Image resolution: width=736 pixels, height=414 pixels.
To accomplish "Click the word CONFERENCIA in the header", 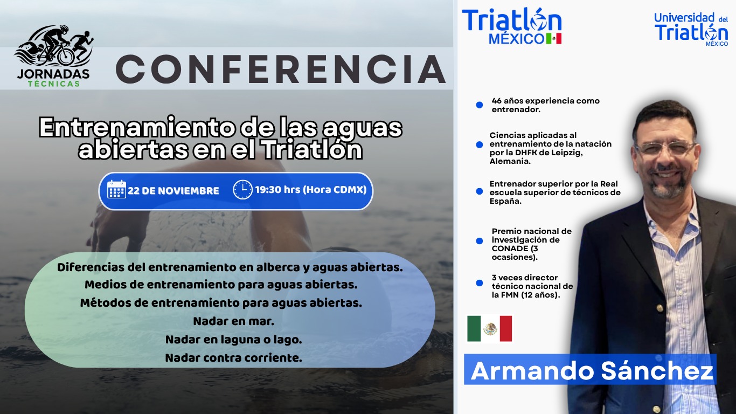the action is point(281,70).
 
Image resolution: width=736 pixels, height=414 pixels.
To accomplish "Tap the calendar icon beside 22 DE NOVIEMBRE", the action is point(116,189).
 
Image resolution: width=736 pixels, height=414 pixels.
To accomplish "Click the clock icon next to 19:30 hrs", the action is point(242,189).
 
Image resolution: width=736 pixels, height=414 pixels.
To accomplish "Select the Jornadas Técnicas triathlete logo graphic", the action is point(53,46).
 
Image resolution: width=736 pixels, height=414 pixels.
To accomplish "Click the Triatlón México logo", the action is point(511,26).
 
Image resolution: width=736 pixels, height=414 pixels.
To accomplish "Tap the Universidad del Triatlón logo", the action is point(691,29).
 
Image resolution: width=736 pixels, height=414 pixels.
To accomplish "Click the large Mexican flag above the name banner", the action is point(490,328).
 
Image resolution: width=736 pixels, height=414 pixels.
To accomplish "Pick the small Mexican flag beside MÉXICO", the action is point(554,38).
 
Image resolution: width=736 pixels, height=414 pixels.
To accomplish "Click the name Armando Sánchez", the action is point(592,371).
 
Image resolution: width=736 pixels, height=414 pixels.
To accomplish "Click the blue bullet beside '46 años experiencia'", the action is point(480,105).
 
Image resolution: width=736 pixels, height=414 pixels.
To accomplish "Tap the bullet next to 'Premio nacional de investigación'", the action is point(480,241).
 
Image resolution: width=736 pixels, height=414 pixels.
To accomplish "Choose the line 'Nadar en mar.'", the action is point(234,321).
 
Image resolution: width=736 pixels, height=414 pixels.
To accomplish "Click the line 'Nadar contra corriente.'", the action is point(233,358).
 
